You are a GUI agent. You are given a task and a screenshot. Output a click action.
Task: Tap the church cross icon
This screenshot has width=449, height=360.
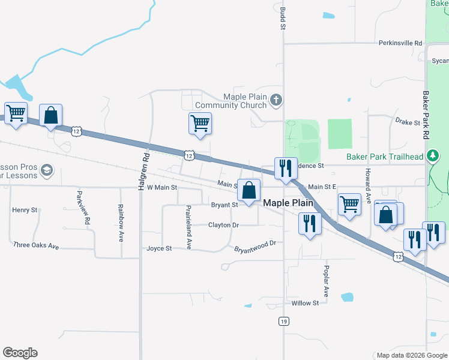pos(276,100)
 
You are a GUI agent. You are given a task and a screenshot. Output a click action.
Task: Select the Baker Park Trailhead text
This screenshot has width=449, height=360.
pos(385,157)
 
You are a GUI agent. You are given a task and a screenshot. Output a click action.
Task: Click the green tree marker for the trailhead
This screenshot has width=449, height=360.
pos(433,157)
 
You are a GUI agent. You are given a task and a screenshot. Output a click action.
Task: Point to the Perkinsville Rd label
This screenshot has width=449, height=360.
pos(400,43)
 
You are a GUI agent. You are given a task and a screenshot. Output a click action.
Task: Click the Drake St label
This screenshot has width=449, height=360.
pos(408,122)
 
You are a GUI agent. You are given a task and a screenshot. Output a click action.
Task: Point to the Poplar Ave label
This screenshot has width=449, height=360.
pos(326,281)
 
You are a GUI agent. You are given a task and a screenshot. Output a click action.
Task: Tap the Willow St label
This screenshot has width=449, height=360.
pos(305,303)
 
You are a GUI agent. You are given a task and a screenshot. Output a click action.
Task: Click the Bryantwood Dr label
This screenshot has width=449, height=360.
pos(255,245)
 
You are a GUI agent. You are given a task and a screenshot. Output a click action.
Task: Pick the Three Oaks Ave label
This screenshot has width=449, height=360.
pos(36,245)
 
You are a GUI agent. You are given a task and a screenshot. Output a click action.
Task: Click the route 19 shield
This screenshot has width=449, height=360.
pos(283,322)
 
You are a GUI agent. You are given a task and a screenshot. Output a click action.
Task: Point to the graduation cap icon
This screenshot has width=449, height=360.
pos(46,171)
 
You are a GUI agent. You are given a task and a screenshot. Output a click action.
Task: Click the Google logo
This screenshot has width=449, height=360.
pos(20,353)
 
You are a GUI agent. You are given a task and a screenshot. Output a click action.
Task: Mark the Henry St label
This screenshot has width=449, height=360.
pos(25,210)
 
